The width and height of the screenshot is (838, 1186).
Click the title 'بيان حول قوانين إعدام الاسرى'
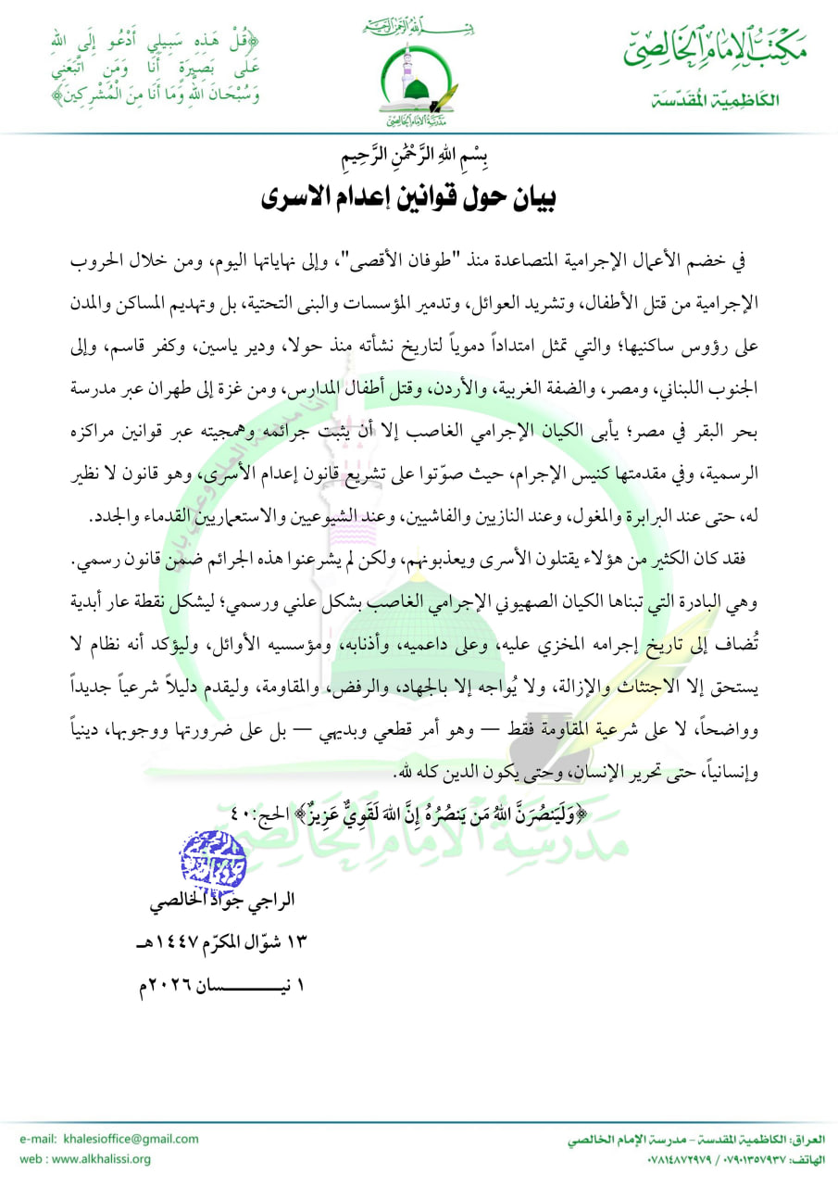tap(418, 197)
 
